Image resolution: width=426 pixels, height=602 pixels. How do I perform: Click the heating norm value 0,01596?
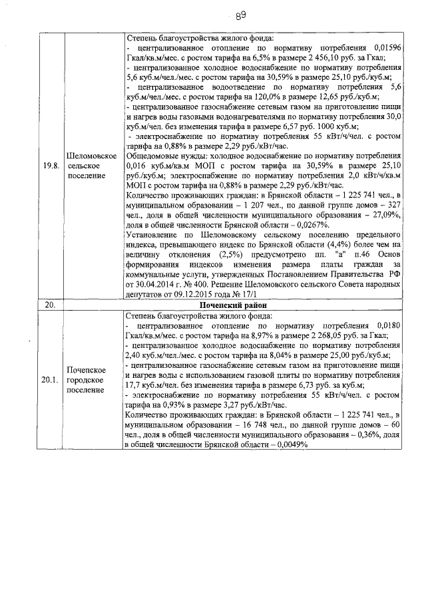click(385, 49)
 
